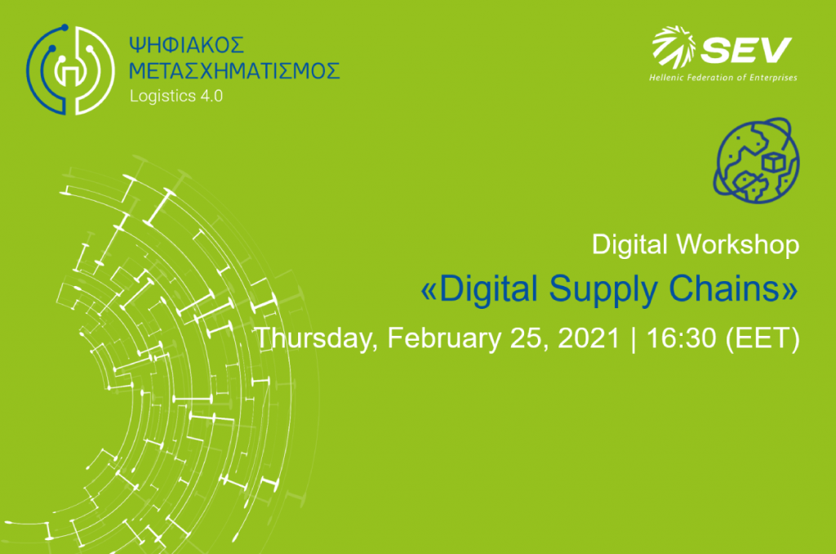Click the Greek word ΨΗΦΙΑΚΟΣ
point(187,46)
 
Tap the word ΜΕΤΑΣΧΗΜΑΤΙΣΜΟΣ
point(234,71)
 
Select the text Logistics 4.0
point(176,96)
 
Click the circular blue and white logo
point(70,69)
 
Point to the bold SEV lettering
point(746,50)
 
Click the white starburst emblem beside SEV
point(674,47)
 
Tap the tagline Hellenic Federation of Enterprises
point(723,78)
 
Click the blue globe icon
point(756,160)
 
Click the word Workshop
point(738,245)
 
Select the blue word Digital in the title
point(487,290)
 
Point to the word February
point(444,338)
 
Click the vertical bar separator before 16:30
point(634,339)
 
